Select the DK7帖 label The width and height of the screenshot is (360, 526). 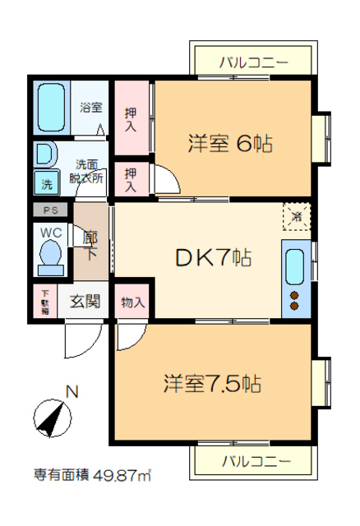212,257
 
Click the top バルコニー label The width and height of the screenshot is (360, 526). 255,61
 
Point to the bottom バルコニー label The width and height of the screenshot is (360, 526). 255,461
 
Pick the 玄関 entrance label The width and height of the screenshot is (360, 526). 85,302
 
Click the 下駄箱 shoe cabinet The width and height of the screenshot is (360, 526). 44,302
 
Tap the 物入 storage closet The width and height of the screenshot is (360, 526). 132,302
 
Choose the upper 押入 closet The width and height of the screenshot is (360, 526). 132,118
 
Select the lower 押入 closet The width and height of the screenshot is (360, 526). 132,179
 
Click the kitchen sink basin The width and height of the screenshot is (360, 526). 295,265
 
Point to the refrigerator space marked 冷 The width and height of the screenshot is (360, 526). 295,218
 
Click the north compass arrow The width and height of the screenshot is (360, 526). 53,418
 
